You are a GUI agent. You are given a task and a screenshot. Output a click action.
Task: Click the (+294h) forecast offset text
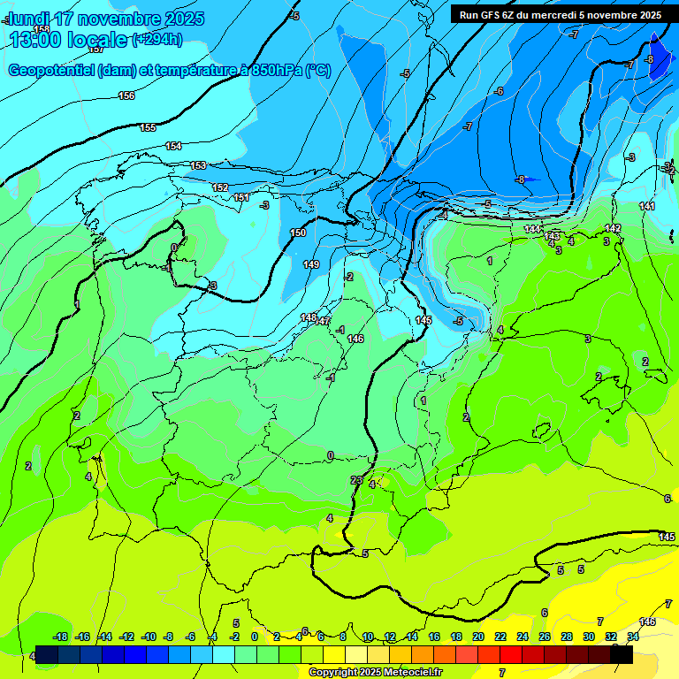(156, 39)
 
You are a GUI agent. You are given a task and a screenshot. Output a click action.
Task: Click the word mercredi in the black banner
(550, 15)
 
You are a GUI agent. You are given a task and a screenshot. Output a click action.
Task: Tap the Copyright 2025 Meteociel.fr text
(375, 673)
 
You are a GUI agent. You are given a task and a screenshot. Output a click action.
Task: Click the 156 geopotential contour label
(126, 95)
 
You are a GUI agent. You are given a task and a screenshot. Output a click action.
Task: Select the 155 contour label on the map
(148, 128)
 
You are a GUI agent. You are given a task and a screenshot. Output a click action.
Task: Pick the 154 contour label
(173, 146)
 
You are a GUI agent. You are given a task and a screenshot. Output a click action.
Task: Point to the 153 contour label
(198, 165)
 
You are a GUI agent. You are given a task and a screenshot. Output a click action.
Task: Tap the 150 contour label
(298, 233)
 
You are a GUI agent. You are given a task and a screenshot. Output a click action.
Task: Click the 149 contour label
(311, 264)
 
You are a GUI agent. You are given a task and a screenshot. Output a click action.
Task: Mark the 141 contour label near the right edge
(647, 206)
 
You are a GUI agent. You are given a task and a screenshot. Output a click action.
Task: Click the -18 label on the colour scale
(60, 637)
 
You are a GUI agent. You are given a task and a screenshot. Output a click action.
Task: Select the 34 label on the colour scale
(633, 637)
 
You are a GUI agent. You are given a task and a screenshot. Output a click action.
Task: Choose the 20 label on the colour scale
(478, 637)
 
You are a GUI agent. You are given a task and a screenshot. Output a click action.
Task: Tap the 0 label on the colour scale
(255, 637)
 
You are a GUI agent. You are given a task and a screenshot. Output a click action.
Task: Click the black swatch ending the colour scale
(622, 654)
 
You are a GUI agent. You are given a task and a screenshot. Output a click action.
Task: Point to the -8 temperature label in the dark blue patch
(650, 59)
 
